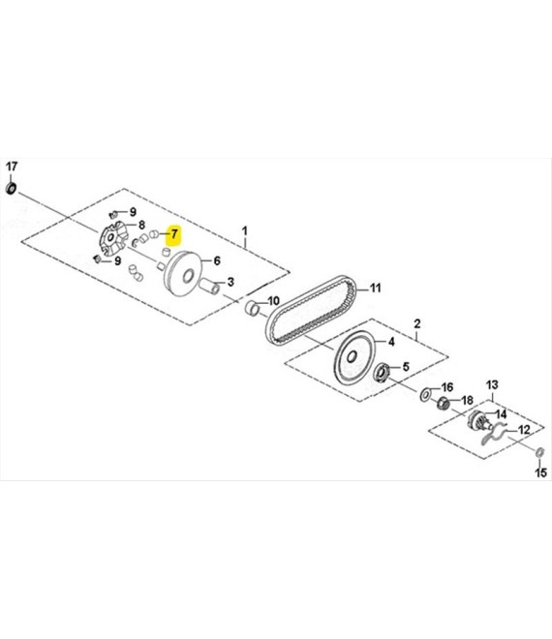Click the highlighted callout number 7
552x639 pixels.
pos(174,234)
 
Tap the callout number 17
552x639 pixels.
pos(12,167)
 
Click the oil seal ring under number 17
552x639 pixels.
pos(12,189)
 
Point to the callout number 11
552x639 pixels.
pos(375,288)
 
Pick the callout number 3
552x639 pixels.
pos(230,282)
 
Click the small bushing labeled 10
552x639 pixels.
pos(254,309)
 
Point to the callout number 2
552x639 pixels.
pos(417,324)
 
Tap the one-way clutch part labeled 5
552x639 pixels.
pos(383,373)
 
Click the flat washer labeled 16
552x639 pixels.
pos(426,394)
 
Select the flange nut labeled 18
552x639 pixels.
pos(444,403)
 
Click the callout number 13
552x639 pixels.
pos(492,384)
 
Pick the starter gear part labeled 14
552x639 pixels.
pos(477,419)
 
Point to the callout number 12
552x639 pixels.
pos(524,430)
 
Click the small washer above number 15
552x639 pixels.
pos(539,451)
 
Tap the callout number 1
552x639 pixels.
pos(244,231)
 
